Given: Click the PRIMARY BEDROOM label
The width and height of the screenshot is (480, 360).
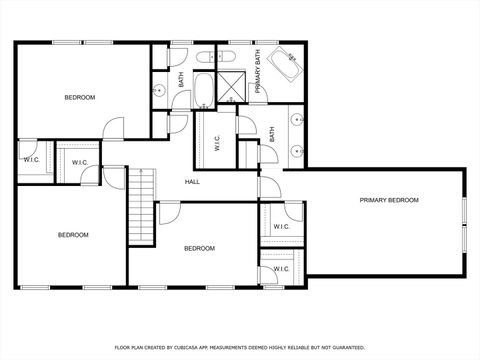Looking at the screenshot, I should [x=389, y=200].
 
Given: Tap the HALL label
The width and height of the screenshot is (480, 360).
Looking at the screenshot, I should [x=193, y=181].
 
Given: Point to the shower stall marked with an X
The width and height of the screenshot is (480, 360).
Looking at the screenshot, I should [x=233, y=88].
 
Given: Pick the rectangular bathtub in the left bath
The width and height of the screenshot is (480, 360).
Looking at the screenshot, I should [x=204, y=90].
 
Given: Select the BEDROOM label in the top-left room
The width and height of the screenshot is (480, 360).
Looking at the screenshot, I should [x=80, y=97].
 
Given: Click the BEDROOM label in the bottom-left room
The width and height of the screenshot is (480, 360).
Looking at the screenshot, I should [x=72, y=235].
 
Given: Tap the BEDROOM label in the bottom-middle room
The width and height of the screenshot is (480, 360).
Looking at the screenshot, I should [x=199, y=248].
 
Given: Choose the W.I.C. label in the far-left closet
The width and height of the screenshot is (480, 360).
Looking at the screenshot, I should [x=31, y=159].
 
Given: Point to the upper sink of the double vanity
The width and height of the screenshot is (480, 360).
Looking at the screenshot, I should [x=296, y=119].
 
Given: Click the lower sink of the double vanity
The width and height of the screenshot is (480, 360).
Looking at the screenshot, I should [x=296, y=150].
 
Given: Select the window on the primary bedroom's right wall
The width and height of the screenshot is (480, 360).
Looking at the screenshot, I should [x=464, y=221].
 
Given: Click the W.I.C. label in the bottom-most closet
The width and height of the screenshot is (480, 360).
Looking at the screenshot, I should [x=281, y=268].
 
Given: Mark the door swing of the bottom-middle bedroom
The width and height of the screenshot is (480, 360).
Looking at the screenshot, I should [x=168, y=212].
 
